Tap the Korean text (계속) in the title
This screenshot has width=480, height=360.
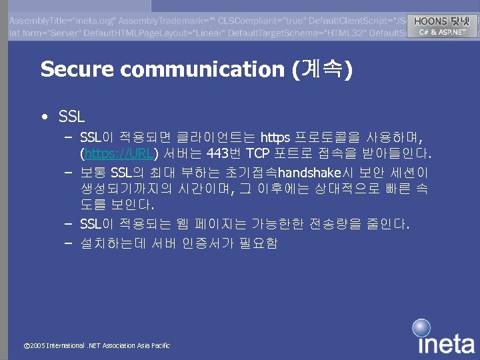[323, 69]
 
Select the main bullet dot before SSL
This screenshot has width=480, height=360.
[43, 117]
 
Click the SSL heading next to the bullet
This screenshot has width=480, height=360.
[71, 117]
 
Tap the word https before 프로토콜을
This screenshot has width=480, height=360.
[275, 138]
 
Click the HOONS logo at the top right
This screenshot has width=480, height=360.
[441, 21]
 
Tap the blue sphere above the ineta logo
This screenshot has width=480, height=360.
[421, 328]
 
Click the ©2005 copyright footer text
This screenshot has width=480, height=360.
[97, 345]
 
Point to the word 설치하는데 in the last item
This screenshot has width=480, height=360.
[113, 242]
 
